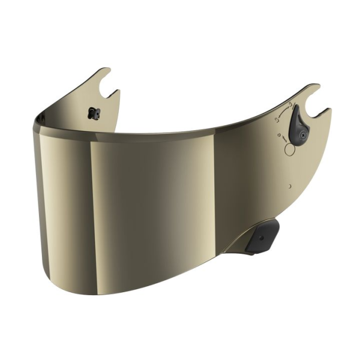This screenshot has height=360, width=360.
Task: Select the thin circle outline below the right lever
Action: click(290, 150)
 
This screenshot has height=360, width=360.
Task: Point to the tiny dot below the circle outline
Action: click(290, 187)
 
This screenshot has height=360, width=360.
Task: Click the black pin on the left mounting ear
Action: click(92, 113)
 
